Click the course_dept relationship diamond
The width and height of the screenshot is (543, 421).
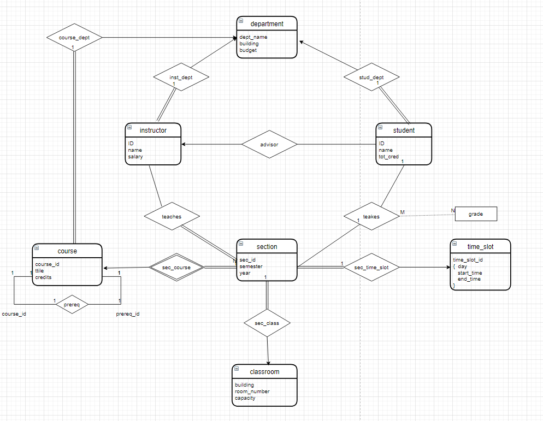(x=74, y=38)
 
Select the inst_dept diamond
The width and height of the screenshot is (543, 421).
(x=181, y=78)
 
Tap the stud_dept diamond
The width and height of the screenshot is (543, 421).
(x=371, y=78)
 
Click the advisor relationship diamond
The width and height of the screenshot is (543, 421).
(x=269, y=145)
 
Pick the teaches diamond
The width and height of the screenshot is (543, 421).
(x=172, y=216)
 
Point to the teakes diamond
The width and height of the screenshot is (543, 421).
(x=371, y=216)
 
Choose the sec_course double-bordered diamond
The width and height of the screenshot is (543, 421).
(x=176, y=268)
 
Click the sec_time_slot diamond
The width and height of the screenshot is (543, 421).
(x=371, y=268)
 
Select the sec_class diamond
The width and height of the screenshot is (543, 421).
(x=267, y=323)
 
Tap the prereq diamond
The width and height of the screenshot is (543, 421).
(x=72, y=304)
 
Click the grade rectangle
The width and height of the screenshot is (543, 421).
(x=476, y=214)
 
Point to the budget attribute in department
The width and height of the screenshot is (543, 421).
(x=248, y=50)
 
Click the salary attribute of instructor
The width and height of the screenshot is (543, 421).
(x=135, y=157)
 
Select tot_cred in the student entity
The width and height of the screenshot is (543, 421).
(x=389, y=157)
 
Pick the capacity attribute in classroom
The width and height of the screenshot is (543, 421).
(x=245, y=398)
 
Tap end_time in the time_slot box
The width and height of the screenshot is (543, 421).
(x=469, y=279)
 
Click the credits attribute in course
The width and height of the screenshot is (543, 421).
(x=44, y=277)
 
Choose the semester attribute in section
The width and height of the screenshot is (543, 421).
(x=251, y=266)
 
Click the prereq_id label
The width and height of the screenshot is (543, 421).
(x=128, y=314)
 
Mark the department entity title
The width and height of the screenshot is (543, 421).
(x=267, y=23)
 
